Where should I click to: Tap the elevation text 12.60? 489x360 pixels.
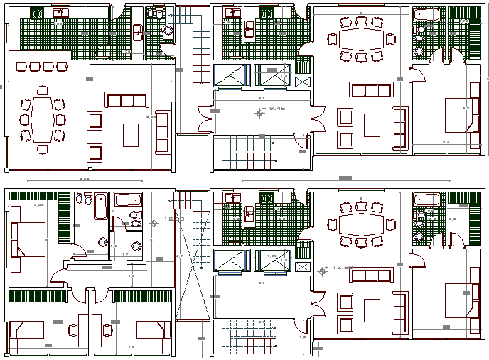(x=338, y=268)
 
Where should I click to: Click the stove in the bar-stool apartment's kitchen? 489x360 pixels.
(x=60, y=13)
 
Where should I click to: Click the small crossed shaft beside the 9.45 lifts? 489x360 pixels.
(x=302, y=82)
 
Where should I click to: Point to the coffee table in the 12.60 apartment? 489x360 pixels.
(x=372, y=310)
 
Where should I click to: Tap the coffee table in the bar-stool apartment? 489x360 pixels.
(x=131, y=134)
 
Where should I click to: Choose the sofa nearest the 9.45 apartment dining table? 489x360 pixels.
(x=372, y=89)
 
